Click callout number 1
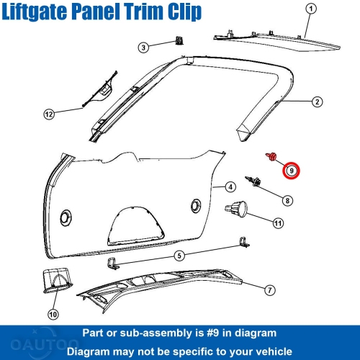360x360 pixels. pos(310,9)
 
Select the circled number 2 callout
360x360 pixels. pos(317,102)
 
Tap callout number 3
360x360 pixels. pos(143,48)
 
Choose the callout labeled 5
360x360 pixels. pos(179,255)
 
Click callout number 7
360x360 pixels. pos(269,290)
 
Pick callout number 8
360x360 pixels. pos(287,200)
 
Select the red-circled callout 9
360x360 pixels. pos(292,171)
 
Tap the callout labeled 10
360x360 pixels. pos(51,314)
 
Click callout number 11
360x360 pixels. pos(277,222)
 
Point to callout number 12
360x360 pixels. pos(48,114)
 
